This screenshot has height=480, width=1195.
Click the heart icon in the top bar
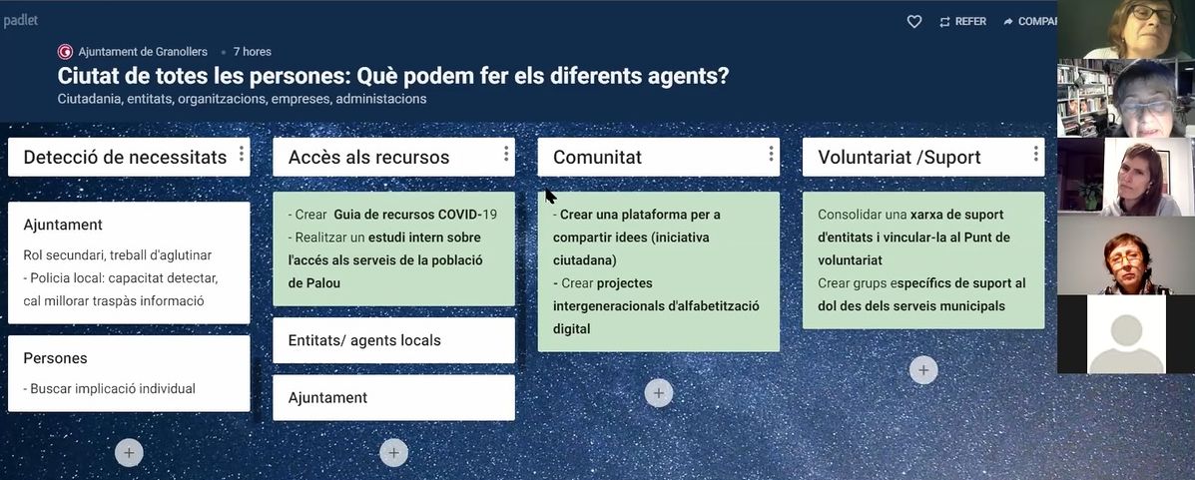click(x=914, y=21)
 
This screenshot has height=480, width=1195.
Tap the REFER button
click(x=962, y=21)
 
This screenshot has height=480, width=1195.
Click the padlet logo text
click(x=21, y=21)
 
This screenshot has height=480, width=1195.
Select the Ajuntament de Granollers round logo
click(x=65, y=52)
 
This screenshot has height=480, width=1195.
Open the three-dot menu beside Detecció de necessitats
click(x=242, y=154)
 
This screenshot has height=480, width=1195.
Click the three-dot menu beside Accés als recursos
click(x=506, y=154)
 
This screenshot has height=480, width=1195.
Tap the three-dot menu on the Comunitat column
click(x=771, y=154)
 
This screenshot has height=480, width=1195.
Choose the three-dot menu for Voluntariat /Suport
click(x=1035, y=154)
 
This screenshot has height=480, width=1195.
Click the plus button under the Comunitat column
click(x=659, y=393)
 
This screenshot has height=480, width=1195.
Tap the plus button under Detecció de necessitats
click(x=129, y=453)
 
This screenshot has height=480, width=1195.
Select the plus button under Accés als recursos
click(x=393, y=453)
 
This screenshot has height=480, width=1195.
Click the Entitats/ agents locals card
click(x=394, y=340)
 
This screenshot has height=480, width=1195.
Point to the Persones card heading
click(x=56, y=358)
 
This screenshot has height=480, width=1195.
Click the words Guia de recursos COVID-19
click(x=415, y=215)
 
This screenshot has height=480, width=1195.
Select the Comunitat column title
click(x=597, y=157)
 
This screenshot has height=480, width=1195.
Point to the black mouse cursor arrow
click(x=550, y=196)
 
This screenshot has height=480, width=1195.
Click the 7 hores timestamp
click(x=253, y=52)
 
